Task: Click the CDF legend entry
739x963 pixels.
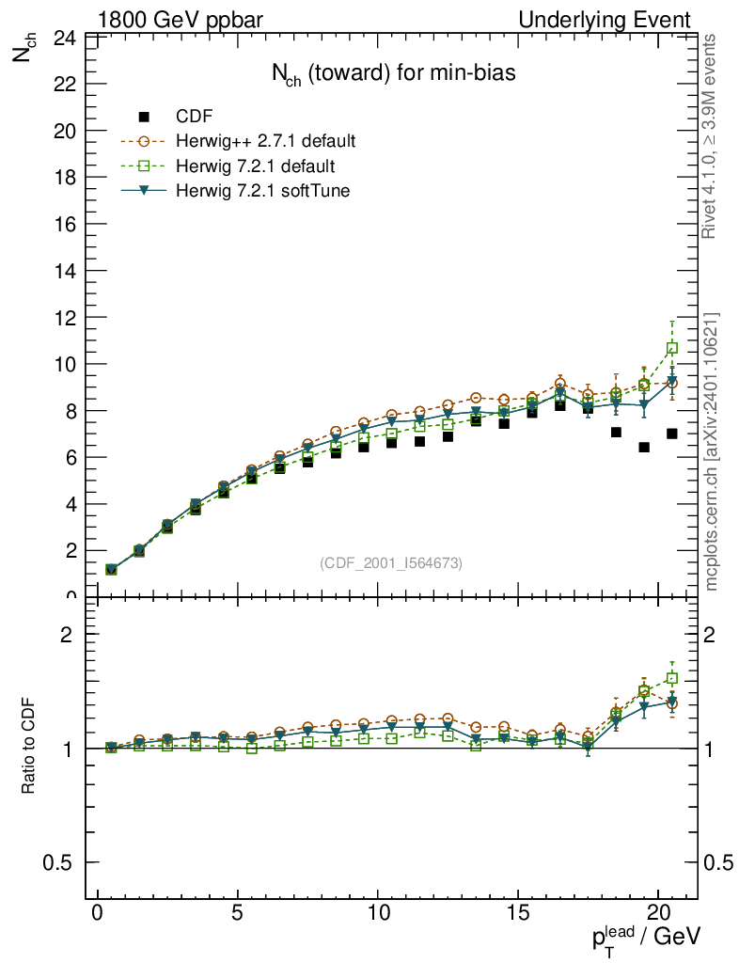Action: tap(195, 117)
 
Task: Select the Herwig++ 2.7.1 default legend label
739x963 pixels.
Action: tap(265, 142)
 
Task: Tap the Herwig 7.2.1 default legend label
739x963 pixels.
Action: tap(256, 166)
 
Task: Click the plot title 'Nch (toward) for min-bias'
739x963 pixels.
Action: tap(393, 74)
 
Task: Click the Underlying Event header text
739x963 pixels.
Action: tap(618, 20)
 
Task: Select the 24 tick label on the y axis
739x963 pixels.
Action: tap(64, 39)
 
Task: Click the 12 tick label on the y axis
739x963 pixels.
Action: tap(64, 318)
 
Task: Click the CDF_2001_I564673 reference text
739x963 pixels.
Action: tap(391, 562)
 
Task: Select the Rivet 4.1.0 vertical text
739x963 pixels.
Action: tap(711, 136)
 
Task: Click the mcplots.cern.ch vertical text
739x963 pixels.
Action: tap(712, 451)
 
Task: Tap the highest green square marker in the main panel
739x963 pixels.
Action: tap(672, 348)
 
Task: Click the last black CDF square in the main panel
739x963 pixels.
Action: tap(672, 434)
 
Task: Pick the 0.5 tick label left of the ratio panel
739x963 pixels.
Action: tap(62, 863)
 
